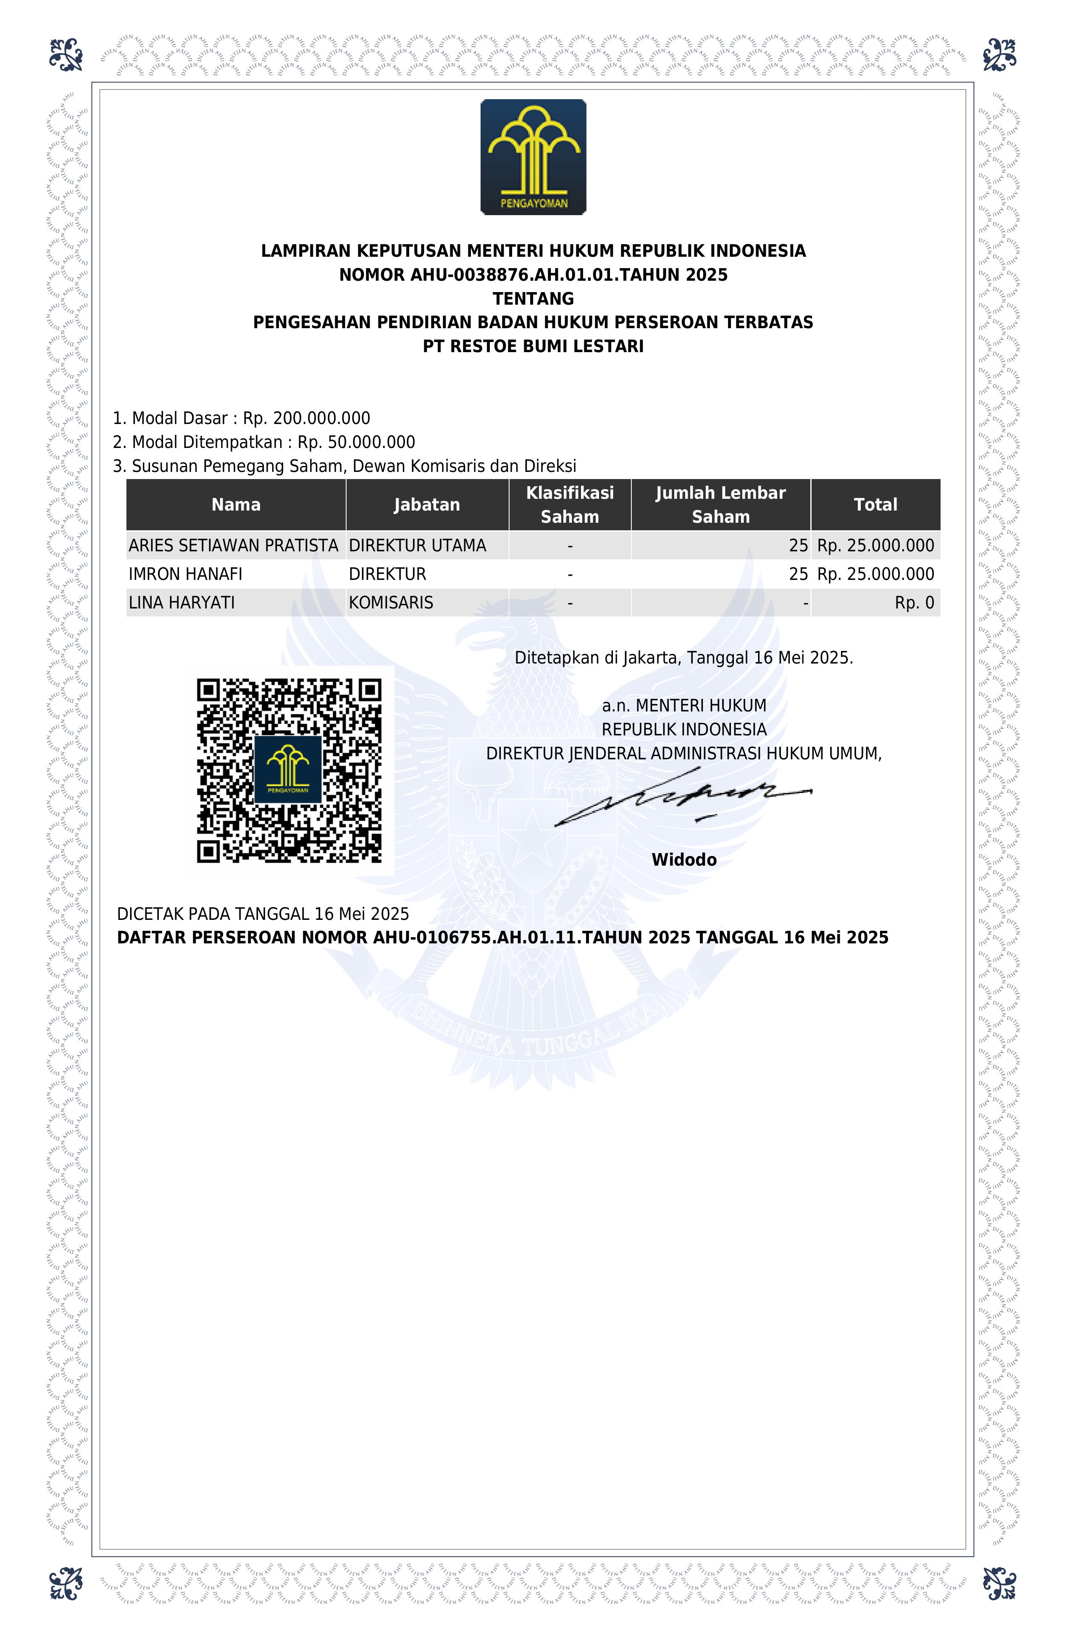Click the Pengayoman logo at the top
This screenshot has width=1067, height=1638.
[x=533, y=157]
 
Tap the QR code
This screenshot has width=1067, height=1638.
[x=289, y=770]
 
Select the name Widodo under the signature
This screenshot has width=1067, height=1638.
[x=684, y=860]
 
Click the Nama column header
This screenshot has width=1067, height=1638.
[x=236, y=505]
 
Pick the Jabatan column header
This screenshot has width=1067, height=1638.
[x=426, y=505]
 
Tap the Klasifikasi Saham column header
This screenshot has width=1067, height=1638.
[x=570, y=505]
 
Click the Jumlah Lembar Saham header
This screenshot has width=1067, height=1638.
[x=720, y=505]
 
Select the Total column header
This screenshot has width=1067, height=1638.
[x=875, y=505]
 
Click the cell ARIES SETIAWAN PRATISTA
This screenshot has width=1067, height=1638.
[x=233, y=546]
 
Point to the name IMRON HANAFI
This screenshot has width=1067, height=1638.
[x=186, y=574]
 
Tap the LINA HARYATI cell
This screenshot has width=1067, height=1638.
[x=181, y=603]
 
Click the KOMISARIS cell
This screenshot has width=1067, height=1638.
[x=391, y=603]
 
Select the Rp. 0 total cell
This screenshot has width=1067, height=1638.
[x=914, y=603]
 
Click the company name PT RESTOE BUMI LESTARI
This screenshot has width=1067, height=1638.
[x=533, y=346]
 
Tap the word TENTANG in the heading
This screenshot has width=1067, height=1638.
[x=533, y=299]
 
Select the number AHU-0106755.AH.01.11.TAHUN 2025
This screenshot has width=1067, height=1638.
[x=532, y=938]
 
